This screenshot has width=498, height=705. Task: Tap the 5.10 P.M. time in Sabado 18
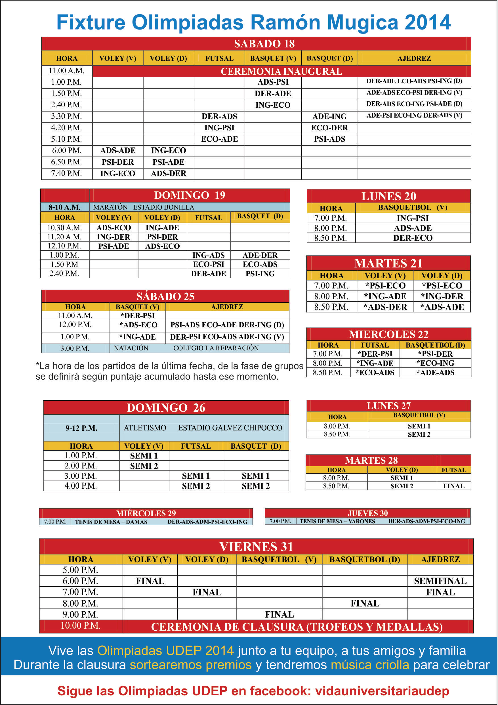pos(66,139)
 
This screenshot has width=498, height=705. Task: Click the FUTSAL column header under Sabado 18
pos(219,58)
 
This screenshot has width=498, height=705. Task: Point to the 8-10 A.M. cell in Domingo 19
pos(64,207)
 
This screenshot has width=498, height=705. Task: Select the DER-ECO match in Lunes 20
pos(413,238)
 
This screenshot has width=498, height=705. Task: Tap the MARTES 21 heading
pos(388,263)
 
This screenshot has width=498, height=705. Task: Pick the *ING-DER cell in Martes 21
pos(442,296)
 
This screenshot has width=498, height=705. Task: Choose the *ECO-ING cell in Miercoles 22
pos(435,363)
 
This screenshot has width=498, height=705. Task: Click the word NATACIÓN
pos(131,348)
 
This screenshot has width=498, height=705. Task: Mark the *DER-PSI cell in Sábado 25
pos(137,316)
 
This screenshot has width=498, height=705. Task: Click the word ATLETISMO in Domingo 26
pos(145,428)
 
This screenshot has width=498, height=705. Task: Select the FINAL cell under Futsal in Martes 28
pos(453,486)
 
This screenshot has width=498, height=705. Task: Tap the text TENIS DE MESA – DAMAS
pos(111,522)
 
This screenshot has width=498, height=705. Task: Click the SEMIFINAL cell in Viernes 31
pos(440,581)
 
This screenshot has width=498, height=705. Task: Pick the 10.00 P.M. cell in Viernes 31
pos(80,625)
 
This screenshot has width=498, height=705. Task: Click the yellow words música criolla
pos(369,665)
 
